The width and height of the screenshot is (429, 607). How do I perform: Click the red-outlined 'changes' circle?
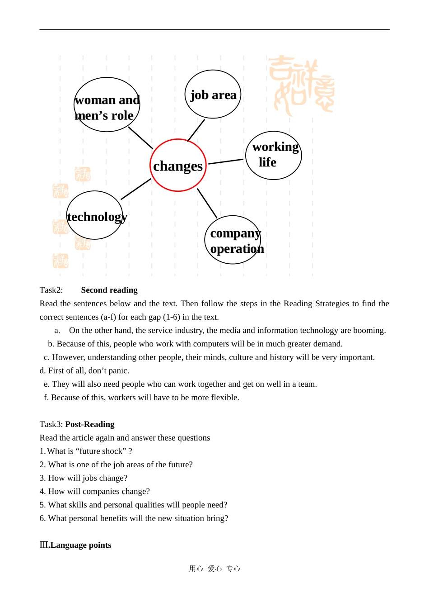(x=178, y=166)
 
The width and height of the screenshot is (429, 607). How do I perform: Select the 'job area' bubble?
(x=213, y=95)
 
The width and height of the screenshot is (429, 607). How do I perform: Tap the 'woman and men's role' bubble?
(x=107, y=105)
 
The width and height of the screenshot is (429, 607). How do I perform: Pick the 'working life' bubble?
(x=273, y=155)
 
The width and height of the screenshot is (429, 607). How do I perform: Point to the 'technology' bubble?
(x=94, y=215)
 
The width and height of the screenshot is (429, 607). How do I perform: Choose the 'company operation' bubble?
(x=233, y=240)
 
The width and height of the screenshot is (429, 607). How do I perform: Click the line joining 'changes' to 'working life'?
(x=226, y=161)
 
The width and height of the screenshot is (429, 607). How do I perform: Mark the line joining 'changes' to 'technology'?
(x=136, y=189)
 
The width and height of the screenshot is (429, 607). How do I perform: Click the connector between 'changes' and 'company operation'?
(x=207, y=203)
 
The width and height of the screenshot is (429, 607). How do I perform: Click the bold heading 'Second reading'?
(x=109, y=290)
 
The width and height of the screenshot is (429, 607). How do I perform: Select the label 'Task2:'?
(x=51, y=290)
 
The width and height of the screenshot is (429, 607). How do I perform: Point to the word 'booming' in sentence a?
(x=368, y=330)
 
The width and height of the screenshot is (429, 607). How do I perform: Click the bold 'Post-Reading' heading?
(x=90, y=424)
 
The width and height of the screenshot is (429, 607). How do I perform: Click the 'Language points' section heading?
(x=80, y=545)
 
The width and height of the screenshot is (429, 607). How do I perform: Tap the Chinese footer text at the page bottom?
(x=214, y=569)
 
